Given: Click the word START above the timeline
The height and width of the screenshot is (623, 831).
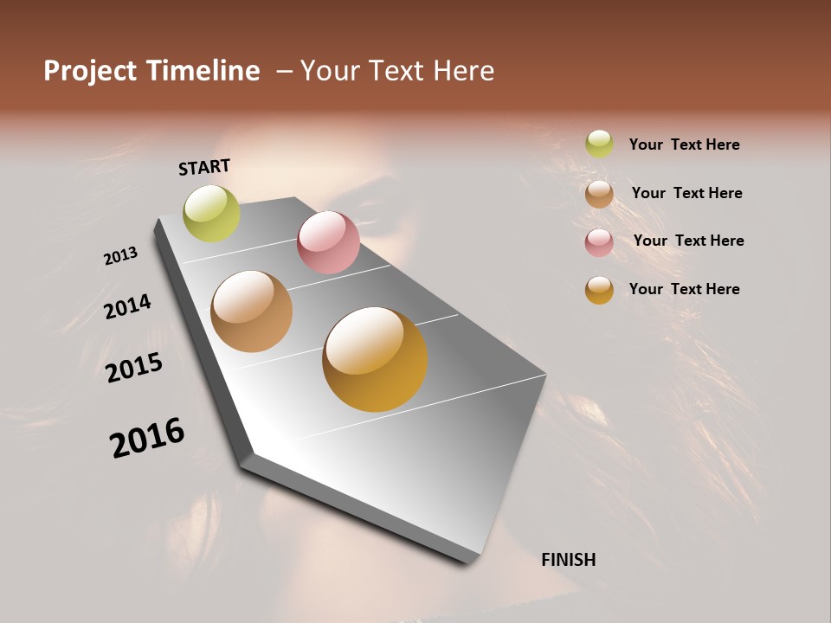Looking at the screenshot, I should point(204,167).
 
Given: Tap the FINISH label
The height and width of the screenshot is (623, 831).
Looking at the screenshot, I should point(568,560).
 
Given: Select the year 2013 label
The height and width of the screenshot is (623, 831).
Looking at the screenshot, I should point(120,256).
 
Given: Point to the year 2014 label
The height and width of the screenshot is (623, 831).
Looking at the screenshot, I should point(127,306).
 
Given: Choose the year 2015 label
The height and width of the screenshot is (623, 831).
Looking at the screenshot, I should point(134,368).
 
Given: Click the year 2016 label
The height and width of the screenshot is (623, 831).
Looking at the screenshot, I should point(147,437).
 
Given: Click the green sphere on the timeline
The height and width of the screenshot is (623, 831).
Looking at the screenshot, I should point(211,214).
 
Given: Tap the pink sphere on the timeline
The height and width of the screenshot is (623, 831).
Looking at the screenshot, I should point(328,242).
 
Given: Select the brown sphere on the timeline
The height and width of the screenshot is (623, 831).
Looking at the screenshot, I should point(251,311).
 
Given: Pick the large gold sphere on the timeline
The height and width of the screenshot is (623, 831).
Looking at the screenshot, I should point(375,359).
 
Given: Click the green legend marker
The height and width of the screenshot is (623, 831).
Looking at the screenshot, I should point(599,145).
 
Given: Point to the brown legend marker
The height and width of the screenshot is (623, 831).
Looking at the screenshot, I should point(599,194).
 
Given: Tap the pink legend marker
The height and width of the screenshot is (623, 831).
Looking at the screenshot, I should point(599,242).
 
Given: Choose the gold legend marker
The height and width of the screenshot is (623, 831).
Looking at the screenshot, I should point(599,290).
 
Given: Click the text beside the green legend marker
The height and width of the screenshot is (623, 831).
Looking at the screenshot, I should point(684,145).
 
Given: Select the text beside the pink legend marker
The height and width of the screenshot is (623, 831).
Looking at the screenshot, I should point(688,241).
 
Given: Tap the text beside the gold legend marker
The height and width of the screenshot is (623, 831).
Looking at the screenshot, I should point(684,289).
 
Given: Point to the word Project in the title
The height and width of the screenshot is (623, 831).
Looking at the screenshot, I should point(89,71).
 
